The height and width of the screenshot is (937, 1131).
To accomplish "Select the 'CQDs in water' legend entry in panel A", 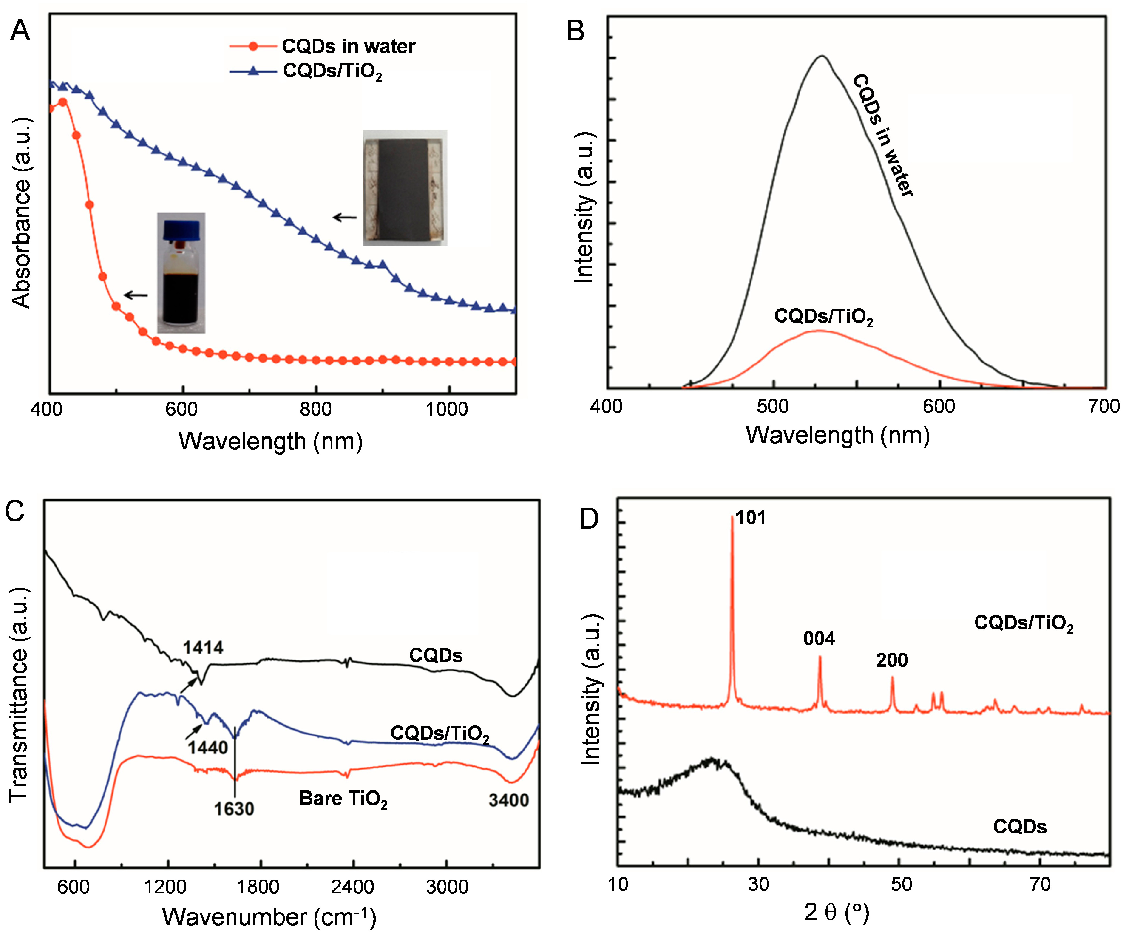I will point(348,46).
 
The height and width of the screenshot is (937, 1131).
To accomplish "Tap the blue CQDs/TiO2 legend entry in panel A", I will point(332,71).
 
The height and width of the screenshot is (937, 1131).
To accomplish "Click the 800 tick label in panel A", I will point(315,409).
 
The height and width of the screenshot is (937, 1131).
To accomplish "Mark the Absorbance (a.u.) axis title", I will point(22,213).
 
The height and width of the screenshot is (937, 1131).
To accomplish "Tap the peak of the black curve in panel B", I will point(822,56).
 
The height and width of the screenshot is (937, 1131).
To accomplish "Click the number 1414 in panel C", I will point(203,647).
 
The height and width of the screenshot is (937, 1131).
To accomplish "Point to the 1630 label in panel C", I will point(234,809).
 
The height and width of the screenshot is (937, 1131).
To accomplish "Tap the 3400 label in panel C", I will point(509,800).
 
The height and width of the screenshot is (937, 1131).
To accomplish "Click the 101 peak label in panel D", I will point(750,518).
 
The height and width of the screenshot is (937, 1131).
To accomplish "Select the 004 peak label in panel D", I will point(819,639).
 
